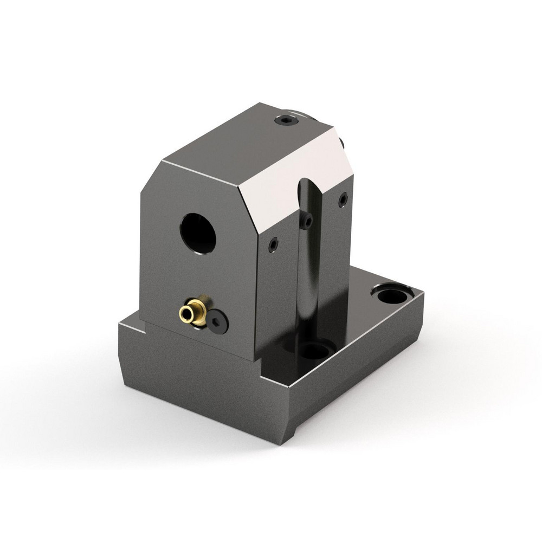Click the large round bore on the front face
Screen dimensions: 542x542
198,232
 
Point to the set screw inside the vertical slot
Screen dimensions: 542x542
307,221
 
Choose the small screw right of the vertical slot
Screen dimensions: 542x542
343,201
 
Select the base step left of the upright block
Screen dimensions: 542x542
130,324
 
